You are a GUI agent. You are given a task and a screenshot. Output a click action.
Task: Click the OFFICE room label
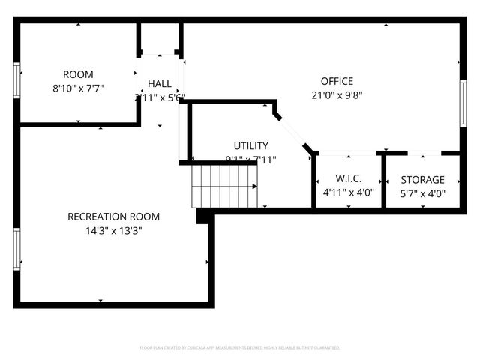(337, 81)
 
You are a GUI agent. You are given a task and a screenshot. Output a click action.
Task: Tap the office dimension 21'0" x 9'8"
(337, 95)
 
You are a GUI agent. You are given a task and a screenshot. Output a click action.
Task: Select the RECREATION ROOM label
(113, 217)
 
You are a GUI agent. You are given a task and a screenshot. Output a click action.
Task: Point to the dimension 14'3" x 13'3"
(113, 231)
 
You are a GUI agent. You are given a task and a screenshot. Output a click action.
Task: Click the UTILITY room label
(250, 145)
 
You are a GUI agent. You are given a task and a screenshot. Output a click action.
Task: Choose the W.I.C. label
(349, 179)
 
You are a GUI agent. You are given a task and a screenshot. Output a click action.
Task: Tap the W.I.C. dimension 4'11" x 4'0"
(349, 193)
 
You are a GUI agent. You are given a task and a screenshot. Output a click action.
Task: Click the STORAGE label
(422, 180)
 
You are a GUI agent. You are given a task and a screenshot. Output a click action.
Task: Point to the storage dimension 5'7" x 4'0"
(422, 193)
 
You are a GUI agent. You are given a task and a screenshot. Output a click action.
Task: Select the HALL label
(159, 84)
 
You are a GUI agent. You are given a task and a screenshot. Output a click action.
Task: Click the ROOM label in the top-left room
(78, 74)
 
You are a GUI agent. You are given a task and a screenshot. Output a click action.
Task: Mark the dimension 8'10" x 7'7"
(78, 88)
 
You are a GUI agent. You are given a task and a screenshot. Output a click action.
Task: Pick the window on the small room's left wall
(16, 79)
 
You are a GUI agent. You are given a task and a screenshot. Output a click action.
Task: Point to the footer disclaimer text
(240, 348)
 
